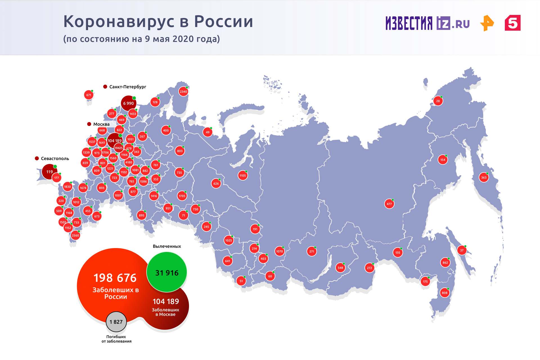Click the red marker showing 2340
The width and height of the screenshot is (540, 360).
point(183,92)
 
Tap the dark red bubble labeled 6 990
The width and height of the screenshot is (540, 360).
point(128,103)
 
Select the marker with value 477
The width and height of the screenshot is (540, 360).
point(389,204)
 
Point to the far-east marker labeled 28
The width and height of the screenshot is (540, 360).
point(438,101)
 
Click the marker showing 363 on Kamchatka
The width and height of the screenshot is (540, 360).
point(484,177)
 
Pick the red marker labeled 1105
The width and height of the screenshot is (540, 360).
point(242,175)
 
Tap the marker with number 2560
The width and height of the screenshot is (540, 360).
point(75,235)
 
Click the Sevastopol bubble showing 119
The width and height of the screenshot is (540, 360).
point(49,172)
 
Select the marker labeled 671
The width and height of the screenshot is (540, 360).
point(89,95)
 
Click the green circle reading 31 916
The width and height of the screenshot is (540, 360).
point(167,272)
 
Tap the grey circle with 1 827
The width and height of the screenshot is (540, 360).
point(116,322)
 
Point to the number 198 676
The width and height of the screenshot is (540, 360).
point(115,278)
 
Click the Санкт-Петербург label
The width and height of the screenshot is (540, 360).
point(128,87)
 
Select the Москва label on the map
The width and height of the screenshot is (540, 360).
point(101,124)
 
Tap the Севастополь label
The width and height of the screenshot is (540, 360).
point(55,158)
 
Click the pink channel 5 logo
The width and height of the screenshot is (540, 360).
point(512,23)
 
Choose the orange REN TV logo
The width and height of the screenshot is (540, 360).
point(487,23)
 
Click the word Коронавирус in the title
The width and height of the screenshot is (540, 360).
point(121,21)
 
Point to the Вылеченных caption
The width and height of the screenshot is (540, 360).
point(167,246)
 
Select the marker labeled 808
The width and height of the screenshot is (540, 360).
point(444,293)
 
